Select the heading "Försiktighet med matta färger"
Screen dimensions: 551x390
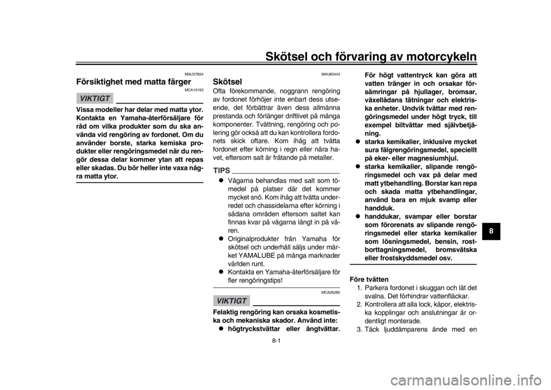pyautogui.click(x=134, y=82)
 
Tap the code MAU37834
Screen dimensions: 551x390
pyautogui.click(x=194, y=74)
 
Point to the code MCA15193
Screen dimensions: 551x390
pyautogui.click(x=195, y=90)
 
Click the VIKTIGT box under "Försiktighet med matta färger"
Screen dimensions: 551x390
pyautogui.click(x=95, y=98)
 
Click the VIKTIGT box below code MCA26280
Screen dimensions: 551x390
pyautogui.click(x=231, y=300)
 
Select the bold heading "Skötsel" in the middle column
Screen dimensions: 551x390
pyautogui.click(x=227, y=82)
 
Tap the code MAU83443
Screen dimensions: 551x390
pyautogui.click(x=331, y=74)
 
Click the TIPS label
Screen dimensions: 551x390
pyautogui.click(x=222, y=171)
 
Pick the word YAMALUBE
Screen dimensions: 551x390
pyautogui.click(x=253, y=256)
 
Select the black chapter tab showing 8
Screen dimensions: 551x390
pyautogui.click(x=491, y=231)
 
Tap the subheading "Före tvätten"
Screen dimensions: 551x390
pyautogui.click(x=369, y=280)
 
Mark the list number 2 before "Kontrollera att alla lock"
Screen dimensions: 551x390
pyautogui.click(x=360, y=304)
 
